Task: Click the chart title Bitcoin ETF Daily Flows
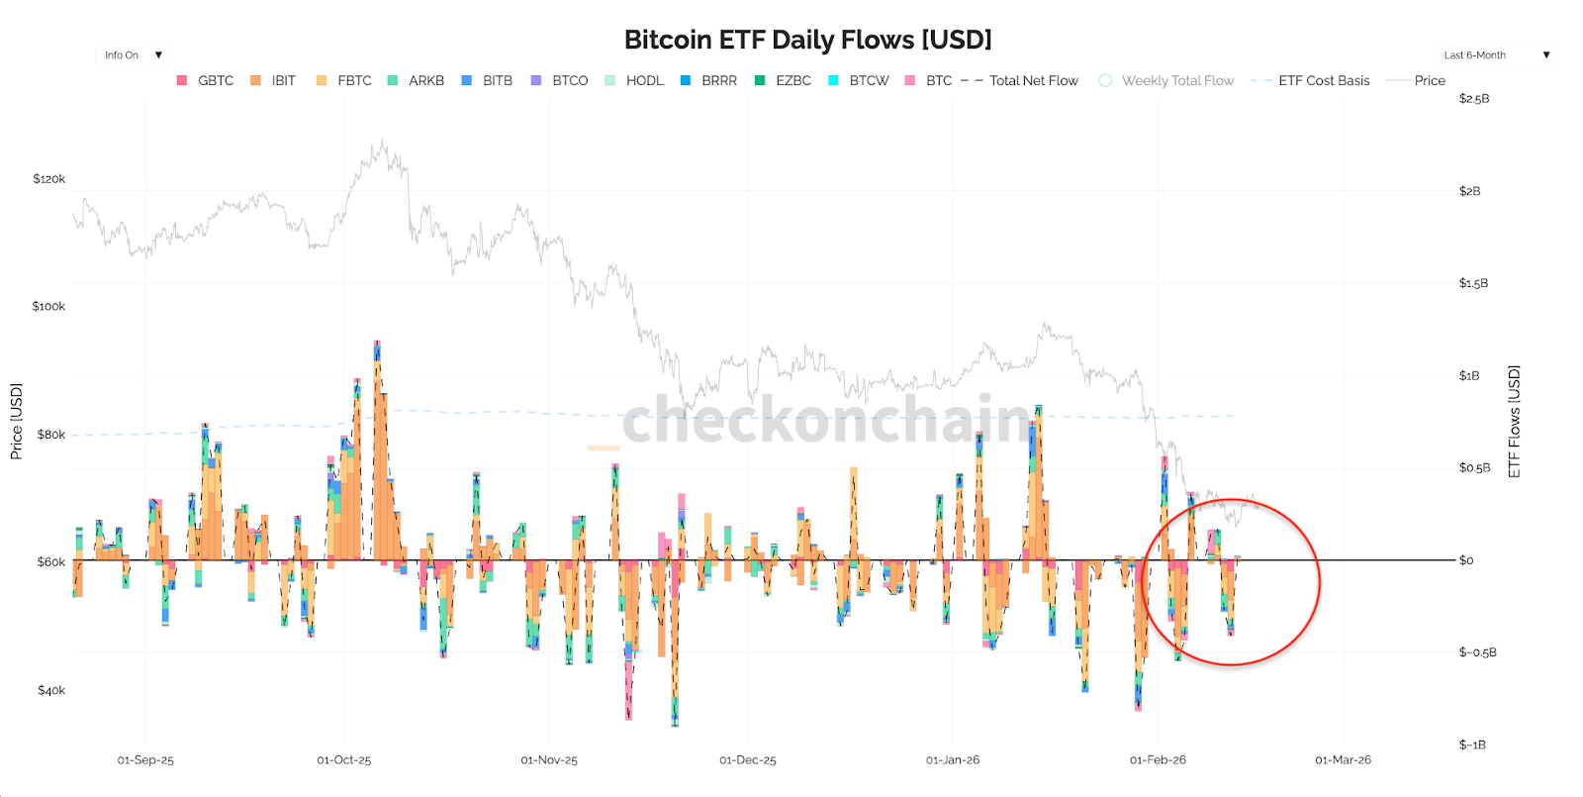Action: coord(807,40)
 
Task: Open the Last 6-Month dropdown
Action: coord(1496,55)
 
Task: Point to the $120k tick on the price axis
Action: coord(49,179)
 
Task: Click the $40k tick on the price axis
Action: coord(51,690)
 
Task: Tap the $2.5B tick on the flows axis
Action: coord(1473,99)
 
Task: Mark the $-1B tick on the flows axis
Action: coord(1472,745)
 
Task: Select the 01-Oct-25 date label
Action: coord(343,760)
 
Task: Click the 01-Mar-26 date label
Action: coord(1343,760)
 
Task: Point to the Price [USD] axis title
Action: coord(16,421)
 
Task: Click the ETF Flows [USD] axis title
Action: coord(1514,421)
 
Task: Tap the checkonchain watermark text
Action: coord(826,420)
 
